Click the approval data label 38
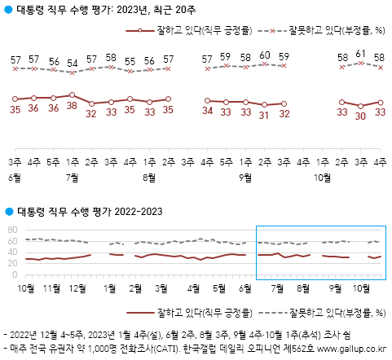click(73, 105)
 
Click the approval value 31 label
click(264, 115)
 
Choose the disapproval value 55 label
click(130, 61)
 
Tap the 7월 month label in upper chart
click(73, 175)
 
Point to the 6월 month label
click(15, 175)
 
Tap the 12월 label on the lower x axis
click(78, 288)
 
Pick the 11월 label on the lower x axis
click(51, 288)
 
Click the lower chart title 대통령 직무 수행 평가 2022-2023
click(90, 212)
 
